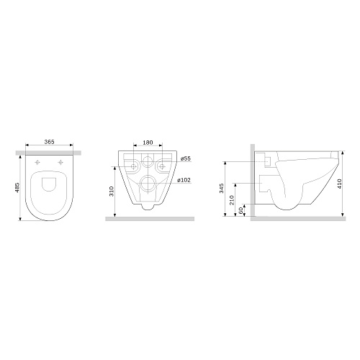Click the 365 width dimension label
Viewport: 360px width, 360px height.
click(x=49, y=142)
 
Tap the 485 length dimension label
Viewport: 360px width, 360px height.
click(x=17, y=187)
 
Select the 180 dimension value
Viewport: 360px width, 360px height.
click(x=148, y=143)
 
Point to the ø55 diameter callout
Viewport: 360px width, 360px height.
click(x=186, y=158)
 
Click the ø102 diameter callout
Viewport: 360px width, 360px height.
click(x=184, y=180)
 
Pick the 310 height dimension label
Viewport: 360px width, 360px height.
click(x=112, y=191)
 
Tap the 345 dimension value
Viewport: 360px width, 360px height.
click(x=222, y=188)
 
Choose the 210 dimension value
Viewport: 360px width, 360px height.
click(x=232, y=200)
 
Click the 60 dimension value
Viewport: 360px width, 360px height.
click(x=241, y=210)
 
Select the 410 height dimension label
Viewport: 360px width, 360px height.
click(x=339, y=184)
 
